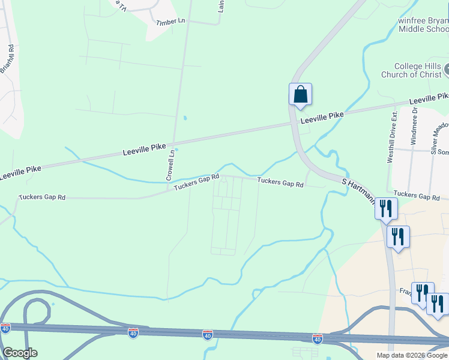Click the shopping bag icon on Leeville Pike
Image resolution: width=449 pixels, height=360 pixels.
(300, 95)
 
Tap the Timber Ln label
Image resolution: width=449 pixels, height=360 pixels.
(170, 22)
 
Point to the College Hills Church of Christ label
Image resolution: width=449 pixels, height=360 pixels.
(411, 70)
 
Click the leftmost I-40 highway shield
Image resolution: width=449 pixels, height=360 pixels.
(5, 328)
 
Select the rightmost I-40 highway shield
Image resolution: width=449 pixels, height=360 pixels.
(317, 339)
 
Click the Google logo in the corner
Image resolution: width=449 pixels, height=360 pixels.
(19, 353)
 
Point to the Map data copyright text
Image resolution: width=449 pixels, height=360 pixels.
(412, 355)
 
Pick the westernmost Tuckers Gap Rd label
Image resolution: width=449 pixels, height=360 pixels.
(41, 197)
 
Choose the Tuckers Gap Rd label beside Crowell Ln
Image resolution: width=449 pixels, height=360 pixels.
(196, 182)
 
